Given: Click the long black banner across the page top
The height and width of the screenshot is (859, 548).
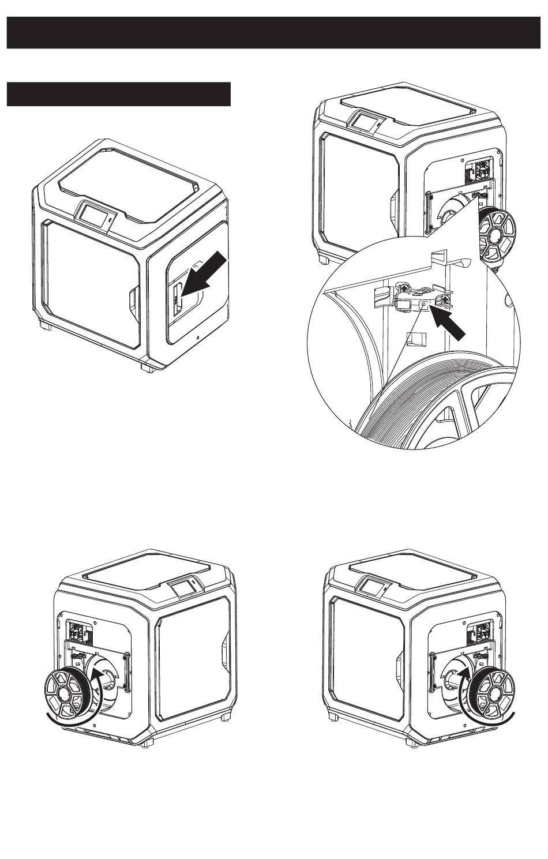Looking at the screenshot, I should click(273, 32).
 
